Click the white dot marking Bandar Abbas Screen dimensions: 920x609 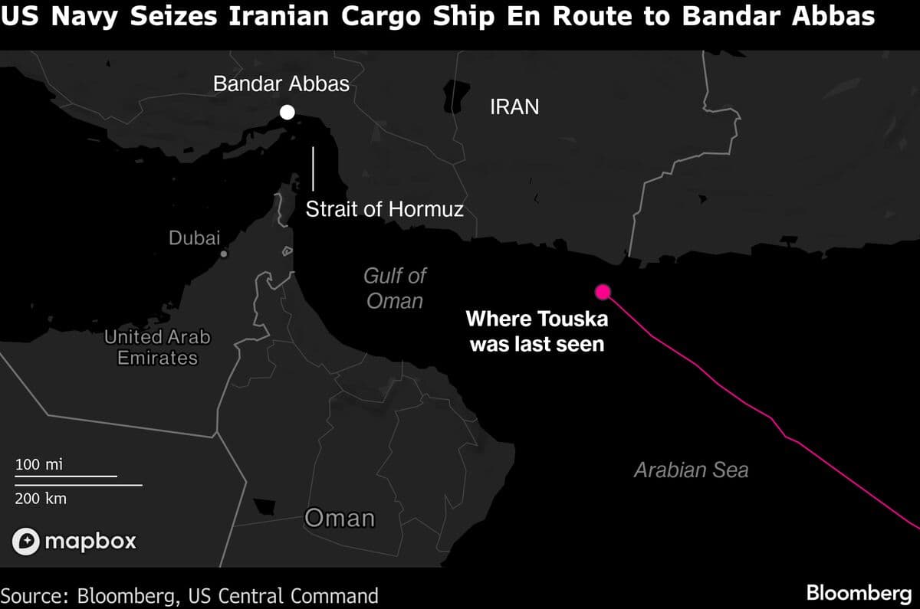click(x=287, y=113)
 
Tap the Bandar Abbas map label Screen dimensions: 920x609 click(x=281, y=84)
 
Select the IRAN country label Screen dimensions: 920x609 click(x=514, y=107)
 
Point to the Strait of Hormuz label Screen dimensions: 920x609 click(x=385, y=209)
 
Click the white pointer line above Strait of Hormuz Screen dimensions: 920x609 click(x=313, y=168)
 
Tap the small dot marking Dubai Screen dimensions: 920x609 click(x=223, y=254)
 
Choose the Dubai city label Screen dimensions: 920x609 click(x=194, y=238)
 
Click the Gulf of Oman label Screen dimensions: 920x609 click(x=395, y=288)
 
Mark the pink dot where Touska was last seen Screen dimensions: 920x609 click(x=603, y=291)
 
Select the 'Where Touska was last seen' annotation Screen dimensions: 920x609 click(x=536, y=331)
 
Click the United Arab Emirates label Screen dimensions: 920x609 click(x=156, y=347)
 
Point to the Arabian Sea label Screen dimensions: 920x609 click(x=691, y=470)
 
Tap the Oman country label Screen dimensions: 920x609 click(x=340, y=519)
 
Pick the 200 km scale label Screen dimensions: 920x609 click(x=41, y=499)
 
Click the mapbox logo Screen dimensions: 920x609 click(x=74, y=541)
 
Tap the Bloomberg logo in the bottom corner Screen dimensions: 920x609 click(x=858, y=593)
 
